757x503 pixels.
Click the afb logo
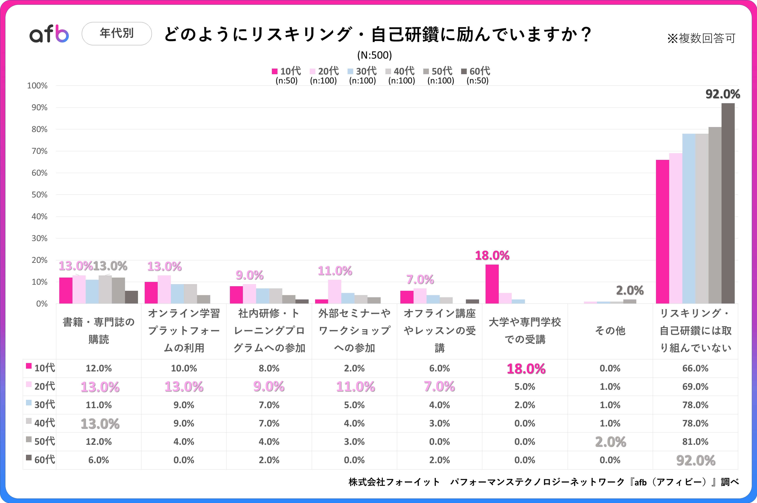coord(49,34)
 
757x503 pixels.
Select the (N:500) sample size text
coord(374,55)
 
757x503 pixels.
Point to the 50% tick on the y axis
coord(39,195)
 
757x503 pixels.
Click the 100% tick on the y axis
coord(37,86)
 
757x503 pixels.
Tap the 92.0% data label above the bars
coord(723,94)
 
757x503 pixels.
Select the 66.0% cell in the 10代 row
coord(695,368)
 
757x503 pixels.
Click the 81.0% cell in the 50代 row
coord(695,442)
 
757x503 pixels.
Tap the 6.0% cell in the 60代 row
coord(99,460)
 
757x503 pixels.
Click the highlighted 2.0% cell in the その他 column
coord(610,442)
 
